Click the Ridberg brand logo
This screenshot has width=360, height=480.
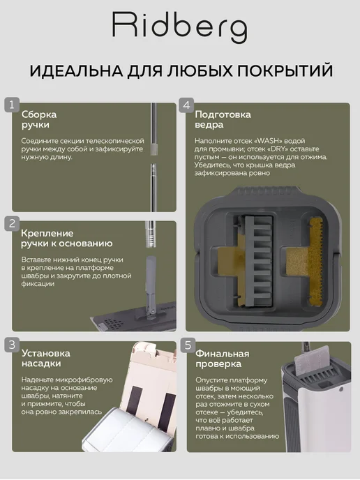180,27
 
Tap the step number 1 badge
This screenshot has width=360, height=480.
12,105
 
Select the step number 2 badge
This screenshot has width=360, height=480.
12,223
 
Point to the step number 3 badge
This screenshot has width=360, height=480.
12,345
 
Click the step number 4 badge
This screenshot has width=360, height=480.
186,105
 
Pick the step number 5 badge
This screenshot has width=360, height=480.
188,345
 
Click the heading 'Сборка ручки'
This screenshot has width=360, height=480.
39,119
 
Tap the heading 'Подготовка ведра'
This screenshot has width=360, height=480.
223,119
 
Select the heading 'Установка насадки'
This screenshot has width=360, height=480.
45,358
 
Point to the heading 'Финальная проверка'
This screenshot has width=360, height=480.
223,359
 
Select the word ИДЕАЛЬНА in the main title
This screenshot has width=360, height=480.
76,70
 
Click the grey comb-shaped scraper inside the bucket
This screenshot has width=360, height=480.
257,260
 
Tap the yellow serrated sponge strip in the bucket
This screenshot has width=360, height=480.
315,261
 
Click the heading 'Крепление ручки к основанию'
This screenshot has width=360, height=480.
67,238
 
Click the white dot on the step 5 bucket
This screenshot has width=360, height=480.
341,389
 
